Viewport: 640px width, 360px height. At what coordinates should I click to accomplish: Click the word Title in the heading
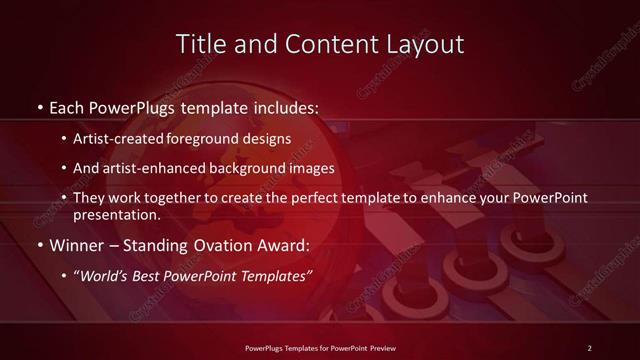[x=198, y=44]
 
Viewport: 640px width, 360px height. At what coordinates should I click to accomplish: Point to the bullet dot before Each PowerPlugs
[x=38, y=106]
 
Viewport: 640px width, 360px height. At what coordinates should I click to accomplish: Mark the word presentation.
[x=115, y=215]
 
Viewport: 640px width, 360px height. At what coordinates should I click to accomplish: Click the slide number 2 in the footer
[x=589, y=347]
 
